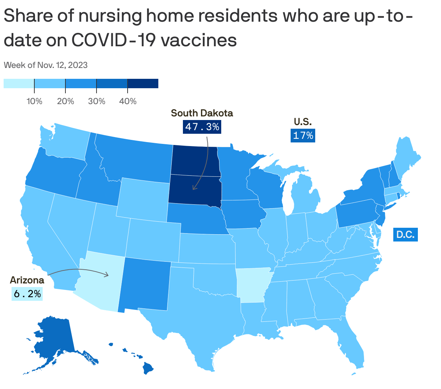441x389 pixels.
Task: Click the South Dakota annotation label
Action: tap(202, 113)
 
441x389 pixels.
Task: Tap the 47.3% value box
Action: tap(202, 127)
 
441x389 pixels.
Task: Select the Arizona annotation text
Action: tap(27, 280)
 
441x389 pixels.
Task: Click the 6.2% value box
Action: tap(27, 294)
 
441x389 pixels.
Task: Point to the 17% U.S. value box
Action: tap(303, 136)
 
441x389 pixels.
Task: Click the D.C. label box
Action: tap(405, 235)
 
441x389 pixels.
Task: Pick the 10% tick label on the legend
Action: tap(34, 101)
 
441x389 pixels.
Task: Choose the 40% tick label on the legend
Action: tap(128, 101)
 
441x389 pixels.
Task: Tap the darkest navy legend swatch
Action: tap(143, 84)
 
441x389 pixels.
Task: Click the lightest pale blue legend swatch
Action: tap(19, 84)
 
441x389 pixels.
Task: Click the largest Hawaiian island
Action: tap(148, 368)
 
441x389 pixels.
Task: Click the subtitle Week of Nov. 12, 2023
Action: tap(46, 65)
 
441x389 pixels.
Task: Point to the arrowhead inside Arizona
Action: tap(107, 275)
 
